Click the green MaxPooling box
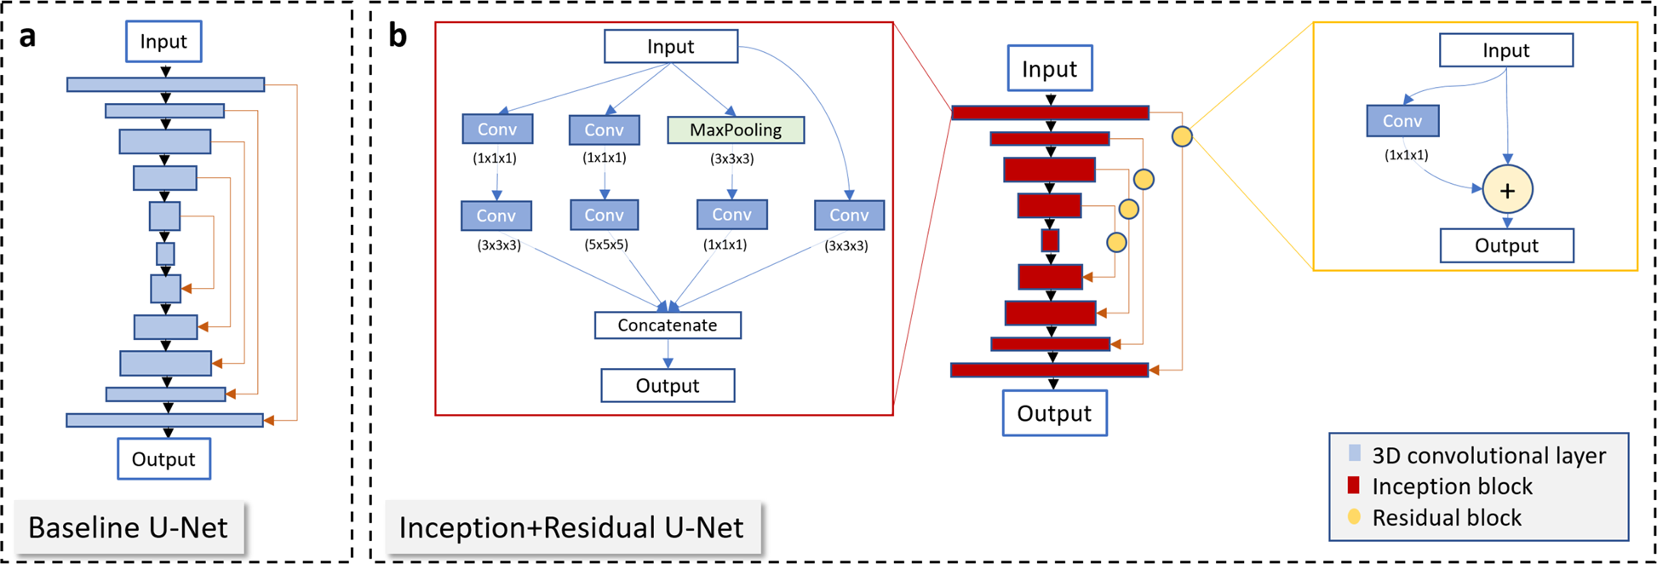click(736, 130)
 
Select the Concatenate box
click(668, 325)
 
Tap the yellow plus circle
click(1507, 190)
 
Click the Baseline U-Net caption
click(129, 527)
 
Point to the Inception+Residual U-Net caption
click(571, 527)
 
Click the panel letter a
click(28, 37)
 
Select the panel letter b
click(397, 37)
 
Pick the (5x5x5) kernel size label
click(605, 245)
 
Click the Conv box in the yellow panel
click(1402, 121)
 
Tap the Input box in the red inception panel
click(671, 47)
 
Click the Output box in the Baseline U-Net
click(163, 459)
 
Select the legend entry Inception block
click(1452, 486)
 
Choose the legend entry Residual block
click(1446, 517)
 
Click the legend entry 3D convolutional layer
click(1488, 456)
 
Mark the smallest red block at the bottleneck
click(1050, 241)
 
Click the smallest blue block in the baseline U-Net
click(165, 254)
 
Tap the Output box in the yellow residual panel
click(1506, 245)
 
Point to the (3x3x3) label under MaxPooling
click(731, 158)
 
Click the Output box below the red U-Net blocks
click(1054, 413)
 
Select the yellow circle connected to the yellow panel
click(1182, 136)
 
